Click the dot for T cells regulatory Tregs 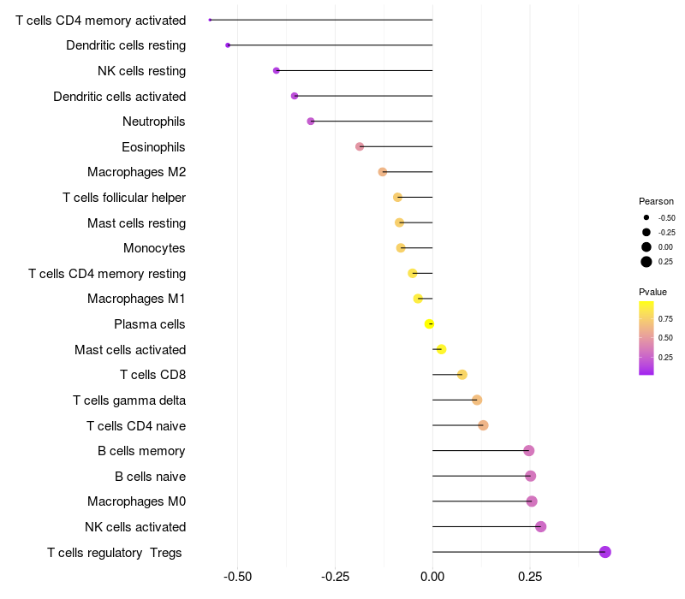[x=605, y=552]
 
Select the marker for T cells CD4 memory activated [x=210, y=20]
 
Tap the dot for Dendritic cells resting [x=228, y=45]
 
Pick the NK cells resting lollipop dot [x=276, y=70]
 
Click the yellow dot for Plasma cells [x=430, y=323]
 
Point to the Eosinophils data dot [x=360, y=146]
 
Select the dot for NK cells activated [x=540, y=526]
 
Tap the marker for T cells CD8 [x=462, y=374]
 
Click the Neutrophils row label [x=154, y=122]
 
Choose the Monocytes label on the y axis [x=154, y=248]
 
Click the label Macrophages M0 [x=136, y=501]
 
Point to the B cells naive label [x=150, y=476]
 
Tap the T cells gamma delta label [x=129, y=400]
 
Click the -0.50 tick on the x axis [x=237, y=577]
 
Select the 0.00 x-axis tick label [x=432, y=577]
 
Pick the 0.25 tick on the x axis [x=529, y=577]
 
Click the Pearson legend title [x=656, y=201]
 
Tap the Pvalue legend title [x=653, y=292]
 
